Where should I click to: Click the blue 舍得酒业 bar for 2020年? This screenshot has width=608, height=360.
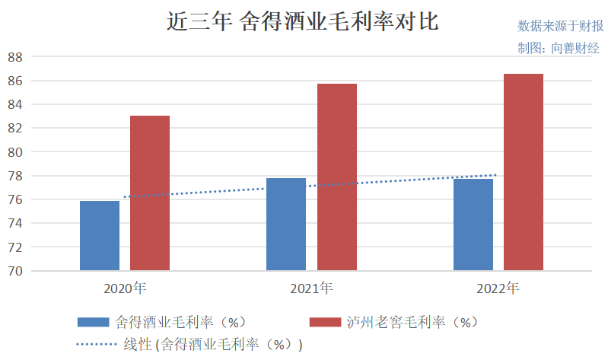click(x=100, y=235)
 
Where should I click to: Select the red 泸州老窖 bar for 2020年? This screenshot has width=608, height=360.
click(x=150, y=193)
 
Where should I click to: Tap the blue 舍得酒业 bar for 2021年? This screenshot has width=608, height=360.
click(x=286, y=224)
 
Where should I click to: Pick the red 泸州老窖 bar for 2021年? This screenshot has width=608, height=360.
click(x=336, y=177)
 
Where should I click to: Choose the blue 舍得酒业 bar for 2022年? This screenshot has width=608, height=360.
click(x=473, y=224)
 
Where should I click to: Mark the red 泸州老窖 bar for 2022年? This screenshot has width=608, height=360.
click(x=524, y=172)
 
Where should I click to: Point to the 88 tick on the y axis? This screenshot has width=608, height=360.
click(x=14, y=57)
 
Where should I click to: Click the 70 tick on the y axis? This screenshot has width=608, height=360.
click(x=14, y=271)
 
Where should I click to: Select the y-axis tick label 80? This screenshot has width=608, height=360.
click(x=14, y=152)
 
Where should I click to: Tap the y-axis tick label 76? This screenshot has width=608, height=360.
click(x=14, y=199)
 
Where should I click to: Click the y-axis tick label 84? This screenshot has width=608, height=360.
click(x=14, y=104)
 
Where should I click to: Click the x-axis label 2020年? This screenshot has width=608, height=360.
click(x=125, y=289)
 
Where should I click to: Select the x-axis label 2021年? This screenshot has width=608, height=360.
click(x=311, y=289)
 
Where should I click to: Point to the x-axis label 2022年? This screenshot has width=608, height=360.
click(x=498, y=289)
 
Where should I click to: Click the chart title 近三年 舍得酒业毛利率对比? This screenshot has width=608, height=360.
click(x=303, y=21)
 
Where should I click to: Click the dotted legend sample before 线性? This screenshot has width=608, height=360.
click(x=96, y=345)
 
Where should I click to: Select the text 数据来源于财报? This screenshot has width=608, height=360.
click(x=559, y=26)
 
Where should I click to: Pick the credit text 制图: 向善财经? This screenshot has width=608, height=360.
click(x=559, y=47)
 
